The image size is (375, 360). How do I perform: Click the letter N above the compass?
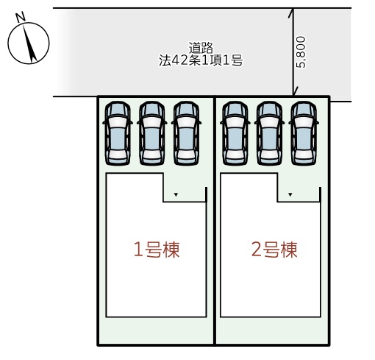21,16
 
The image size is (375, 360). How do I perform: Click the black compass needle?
30,43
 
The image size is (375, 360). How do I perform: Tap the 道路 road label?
201,48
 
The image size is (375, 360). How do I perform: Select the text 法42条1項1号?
201,60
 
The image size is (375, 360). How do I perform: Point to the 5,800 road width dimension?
301,52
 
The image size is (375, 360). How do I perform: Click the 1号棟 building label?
157,250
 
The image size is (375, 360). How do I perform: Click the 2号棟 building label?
274,250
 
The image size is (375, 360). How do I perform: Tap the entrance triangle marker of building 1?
176,194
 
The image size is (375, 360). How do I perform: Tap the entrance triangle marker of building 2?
290,194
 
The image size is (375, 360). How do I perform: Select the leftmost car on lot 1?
118,133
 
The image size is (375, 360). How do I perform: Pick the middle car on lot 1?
152,133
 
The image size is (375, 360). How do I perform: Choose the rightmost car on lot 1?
186,133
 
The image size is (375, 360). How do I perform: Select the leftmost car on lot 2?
235,133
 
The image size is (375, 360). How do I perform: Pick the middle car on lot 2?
270,133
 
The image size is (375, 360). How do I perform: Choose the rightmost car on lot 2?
304,133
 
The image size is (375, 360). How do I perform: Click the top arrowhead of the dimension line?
292,13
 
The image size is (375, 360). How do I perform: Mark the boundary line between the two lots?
215,221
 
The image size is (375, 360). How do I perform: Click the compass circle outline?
8,43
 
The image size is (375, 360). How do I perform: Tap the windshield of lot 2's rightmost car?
304,110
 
